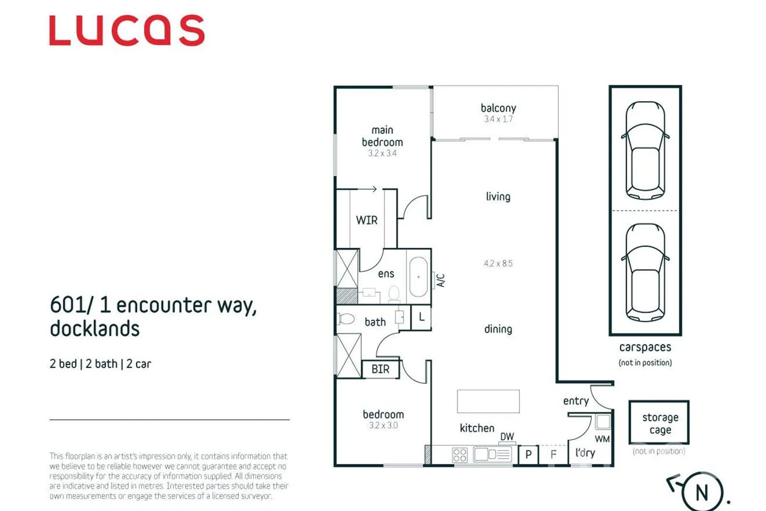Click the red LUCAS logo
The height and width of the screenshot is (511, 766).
(127, 31)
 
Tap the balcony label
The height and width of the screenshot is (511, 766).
(498, 108)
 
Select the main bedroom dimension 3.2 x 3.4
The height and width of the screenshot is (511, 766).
(382, 153)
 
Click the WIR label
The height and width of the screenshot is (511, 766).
(367, 220)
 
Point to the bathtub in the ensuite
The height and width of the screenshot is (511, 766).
(418, 277)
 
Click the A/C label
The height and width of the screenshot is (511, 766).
(440, 280)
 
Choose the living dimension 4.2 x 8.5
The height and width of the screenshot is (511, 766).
(498, 264)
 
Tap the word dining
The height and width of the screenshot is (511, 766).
(498, 329)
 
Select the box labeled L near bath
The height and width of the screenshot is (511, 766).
(421, 317)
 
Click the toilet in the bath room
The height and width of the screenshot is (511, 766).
(346, 319)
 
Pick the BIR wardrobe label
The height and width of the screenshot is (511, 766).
(380, 369)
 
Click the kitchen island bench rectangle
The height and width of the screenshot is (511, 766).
(488, 401)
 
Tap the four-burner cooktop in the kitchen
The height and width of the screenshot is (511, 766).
(459, 455)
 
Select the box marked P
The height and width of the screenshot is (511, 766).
(528, 455)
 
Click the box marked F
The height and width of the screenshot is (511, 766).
(553, 455)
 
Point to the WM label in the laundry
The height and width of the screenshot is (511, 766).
(602, 439)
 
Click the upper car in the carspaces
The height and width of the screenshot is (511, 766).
(645, 150)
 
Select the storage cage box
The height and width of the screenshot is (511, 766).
(659, 423)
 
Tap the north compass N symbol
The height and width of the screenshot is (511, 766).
(702, 492)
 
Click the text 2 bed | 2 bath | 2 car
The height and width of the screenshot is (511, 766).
(100, 364)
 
